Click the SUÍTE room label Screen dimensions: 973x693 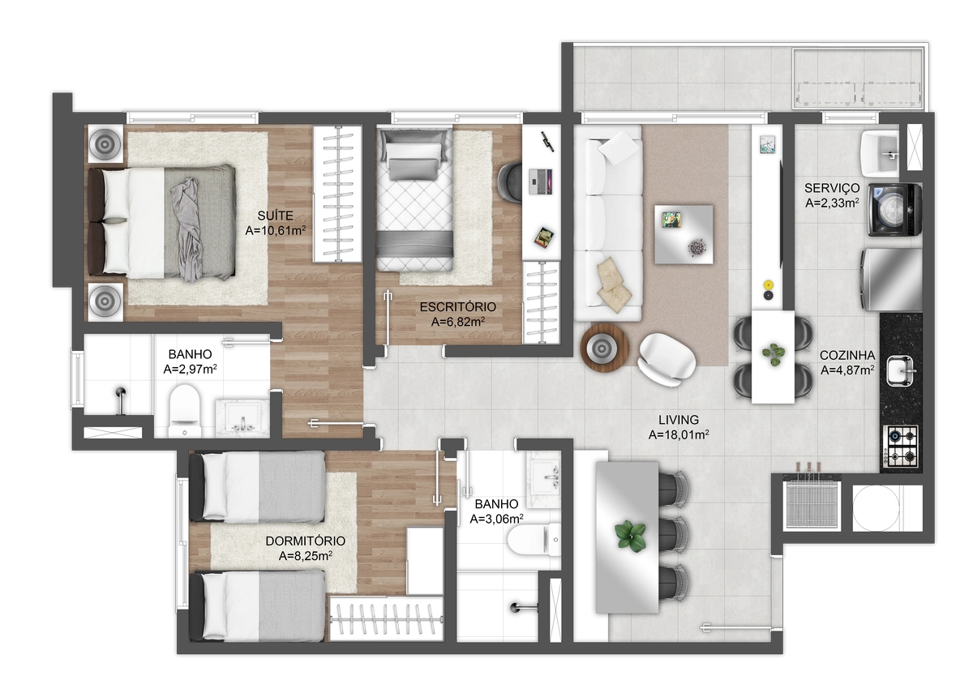point(275,216)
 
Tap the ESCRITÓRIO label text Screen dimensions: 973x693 point(458,307)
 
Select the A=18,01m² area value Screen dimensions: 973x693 point(679,434)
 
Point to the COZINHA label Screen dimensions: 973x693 point(847,355)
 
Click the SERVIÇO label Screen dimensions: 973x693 point(832,188)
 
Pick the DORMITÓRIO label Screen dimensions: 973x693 point(306,541)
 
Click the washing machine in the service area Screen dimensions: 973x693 point(895,210)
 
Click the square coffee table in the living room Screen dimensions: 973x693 point(684,234)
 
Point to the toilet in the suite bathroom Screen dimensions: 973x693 point(185,411)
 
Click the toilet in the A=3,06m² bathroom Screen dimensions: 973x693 point(534,540)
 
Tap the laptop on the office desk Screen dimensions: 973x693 point(540,182)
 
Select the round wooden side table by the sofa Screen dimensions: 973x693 point(604,348)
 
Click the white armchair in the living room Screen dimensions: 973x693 point(667,360)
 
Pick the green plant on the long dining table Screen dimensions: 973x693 point(630,537)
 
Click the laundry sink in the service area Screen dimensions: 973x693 point(880,154)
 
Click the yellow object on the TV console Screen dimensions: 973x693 point(768,284)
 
